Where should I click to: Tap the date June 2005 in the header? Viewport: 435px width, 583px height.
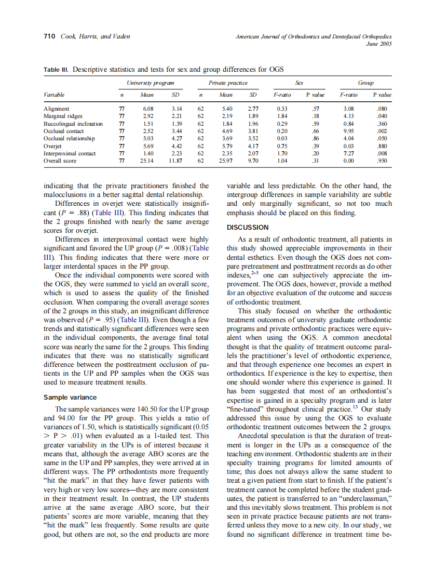[x=378, y=44]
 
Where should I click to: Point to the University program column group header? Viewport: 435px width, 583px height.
[x=150, y=83]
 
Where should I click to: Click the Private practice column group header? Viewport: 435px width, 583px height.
[x=227, y=83]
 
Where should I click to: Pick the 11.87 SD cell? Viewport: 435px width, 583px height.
[x=175, y=161]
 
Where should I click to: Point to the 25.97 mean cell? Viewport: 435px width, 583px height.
[x=226, y=161]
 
